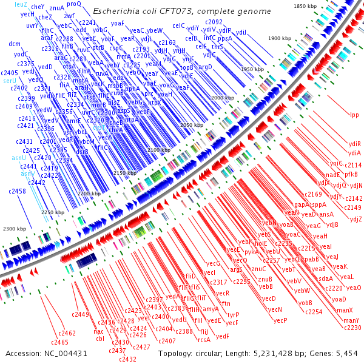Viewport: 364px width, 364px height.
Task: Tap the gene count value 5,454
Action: click(x=346, y=354)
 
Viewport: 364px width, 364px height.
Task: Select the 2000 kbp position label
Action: click(x=222, y=97)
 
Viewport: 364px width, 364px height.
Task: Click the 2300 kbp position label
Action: click(x=15, y=229)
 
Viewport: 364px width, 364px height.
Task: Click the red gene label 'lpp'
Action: click(x=354, y=115)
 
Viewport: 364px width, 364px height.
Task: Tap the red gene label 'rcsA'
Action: click(x=204, y=340)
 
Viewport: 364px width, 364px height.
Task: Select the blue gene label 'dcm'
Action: click(x=15, y=44)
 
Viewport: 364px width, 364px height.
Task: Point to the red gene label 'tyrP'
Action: click(x=233, y=315)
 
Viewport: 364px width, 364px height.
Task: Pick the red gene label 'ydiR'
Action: click(x=355, y=144)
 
